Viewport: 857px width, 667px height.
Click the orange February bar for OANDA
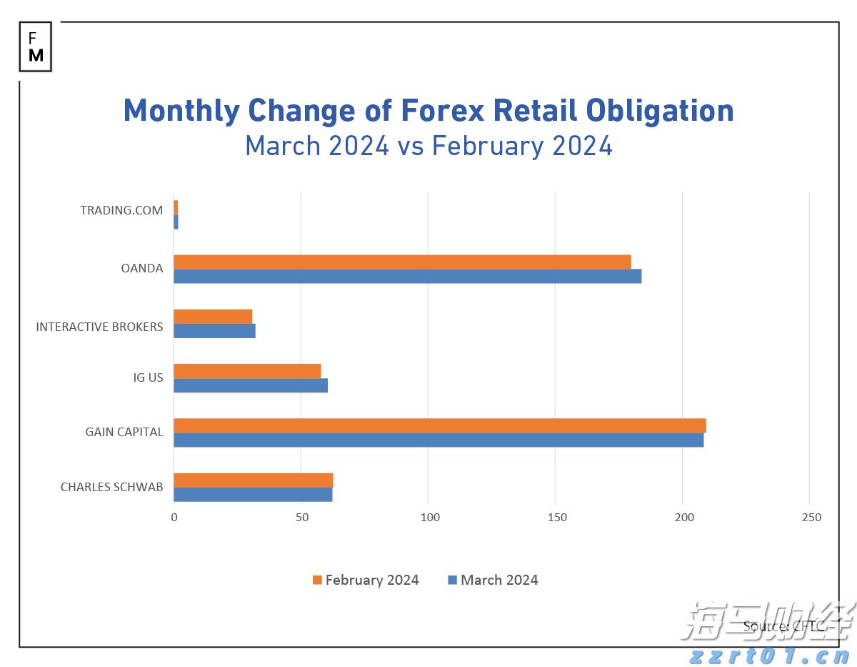[x=402, y=262]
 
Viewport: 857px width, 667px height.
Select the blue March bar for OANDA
[x=407, y=276]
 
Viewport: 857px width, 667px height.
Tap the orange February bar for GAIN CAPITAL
[x=439, y=425]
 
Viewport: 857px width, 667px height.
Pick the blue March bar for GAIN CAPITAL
[x=438, y=440]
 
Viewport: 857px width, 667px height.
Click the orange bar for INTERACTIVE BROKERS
[x=213, y=316]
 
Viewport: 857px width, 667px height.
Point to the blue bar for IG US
[x=250, y=385]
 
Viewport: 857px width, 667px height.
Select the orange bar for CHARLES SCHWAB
[x=253, y=480]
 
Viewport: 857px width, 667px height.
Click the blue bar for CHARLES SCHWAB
[x=253, y=494]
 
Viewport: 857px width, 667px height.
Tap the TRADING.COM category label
[x=121, y=210]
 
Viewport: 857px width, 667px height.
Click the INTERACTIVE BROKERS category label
[x=99, y=327]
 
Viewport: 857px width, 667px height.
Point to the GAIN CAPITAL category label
[x=124, y=432]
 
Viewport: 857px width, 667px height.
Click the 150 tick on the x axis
[x=556, y=518]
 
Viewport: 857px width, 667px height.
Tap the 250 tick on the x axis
[x=811, y=518]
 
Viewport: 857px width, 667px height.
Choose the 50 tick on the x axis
[x=301, y=518]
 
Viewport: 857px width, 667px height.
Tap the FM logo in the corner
[x=36, y=46]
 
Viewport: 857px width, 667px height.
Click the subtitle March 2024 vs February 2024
[x=428, y=146]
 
